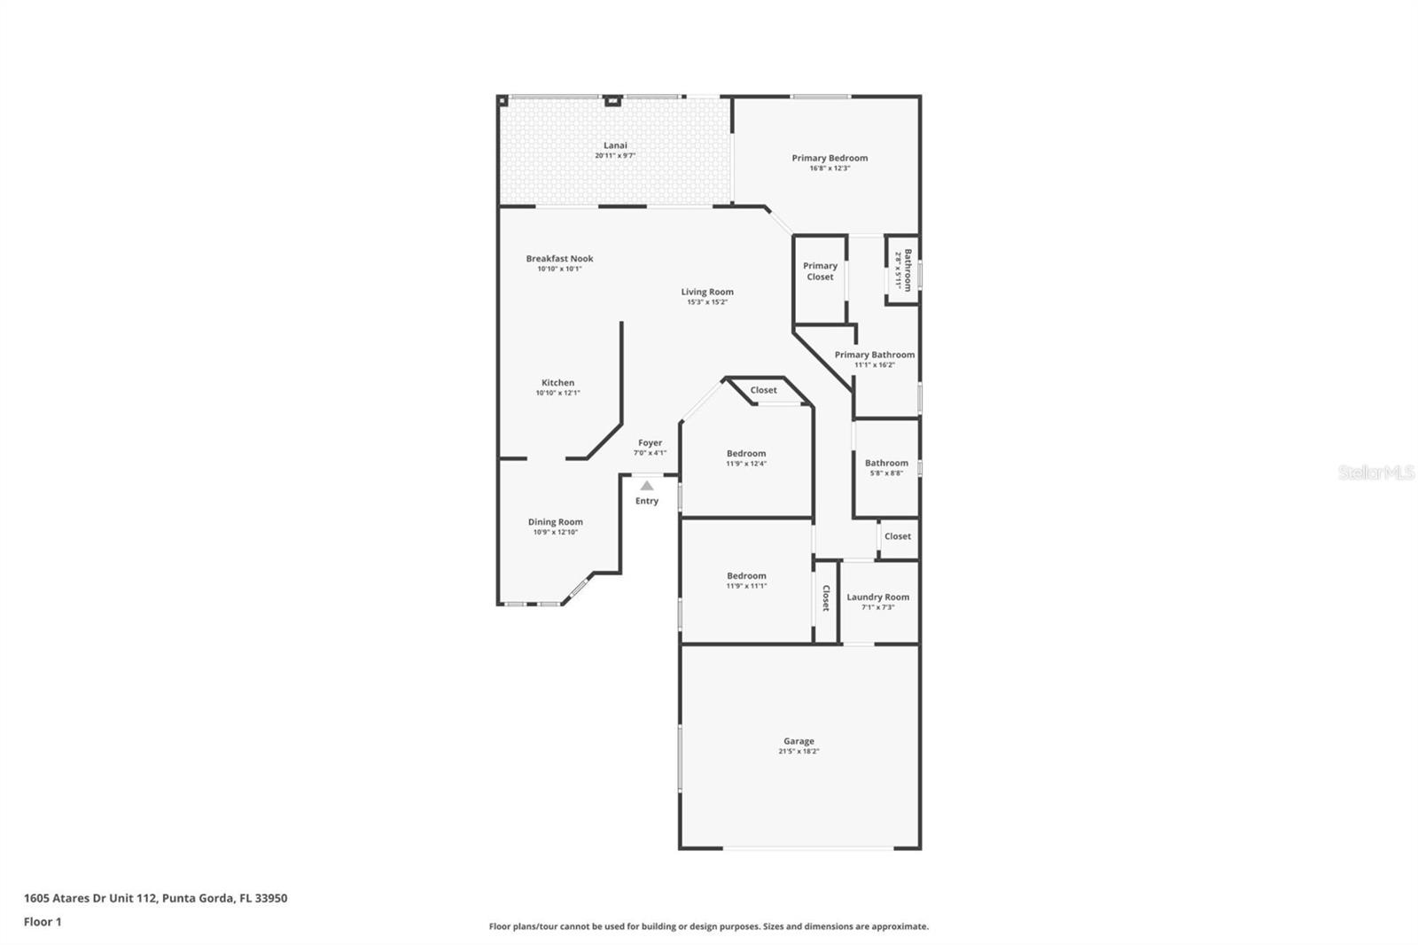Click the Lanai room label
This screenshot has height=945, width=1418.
click(615, 145)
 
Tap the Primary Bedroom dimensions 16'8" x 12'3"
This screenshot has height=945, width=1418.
click(830, 168)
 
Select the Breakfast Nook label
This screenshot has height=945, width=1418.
click(559, 259)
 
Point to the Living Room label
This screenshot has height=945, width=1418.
click(707, 292)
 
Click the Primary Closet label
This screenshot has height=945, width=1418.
click(820, 271)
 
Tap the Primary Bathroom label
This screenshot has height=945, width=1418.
click(874, 355)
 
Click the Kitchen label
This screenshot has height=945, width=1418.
click(557, 383)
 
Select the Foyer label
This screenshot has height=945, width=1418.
click(650, 442)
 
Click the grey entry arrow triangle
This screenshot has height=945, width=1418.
click(647, 486)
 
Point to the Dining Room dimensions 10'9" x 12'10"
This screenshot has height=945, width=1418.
click(555, 533)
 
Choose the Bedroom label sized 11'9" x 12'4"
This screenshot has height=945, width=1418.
click(746, 453)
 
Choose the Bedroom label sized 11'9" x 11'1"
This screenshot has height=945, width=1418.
click(746, 575)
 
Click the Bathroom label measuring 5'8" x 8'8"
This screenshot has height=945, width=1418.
click(886, 463)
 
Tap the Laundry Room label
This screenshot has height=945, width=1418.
click(877, 597)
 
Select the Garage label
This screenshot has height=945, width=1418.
click(799, 741)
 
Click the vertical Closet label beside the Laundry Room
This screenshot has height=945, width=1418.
click(826, 597)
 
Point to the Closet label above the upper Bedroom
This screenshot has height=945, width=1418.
click(763, 390)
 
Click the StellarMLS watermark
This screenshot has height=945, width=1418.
click(1375, 472)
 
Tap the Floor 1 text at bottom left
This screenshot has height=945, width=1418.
click(43, 922)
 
